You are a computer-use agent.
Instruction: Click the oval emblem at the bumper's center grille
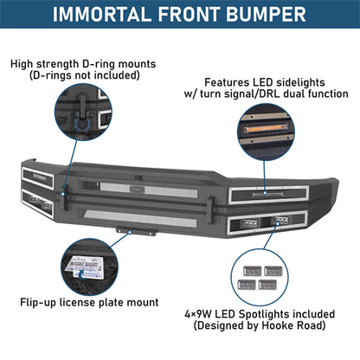(177, 184)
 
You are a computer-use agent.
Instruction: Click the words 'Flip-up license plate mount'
(89, 302)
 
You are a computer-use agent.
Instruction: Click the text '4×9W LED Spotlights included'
(273, 313)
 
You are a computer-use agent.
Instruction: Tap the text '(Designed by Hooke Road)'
(273, 326)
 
